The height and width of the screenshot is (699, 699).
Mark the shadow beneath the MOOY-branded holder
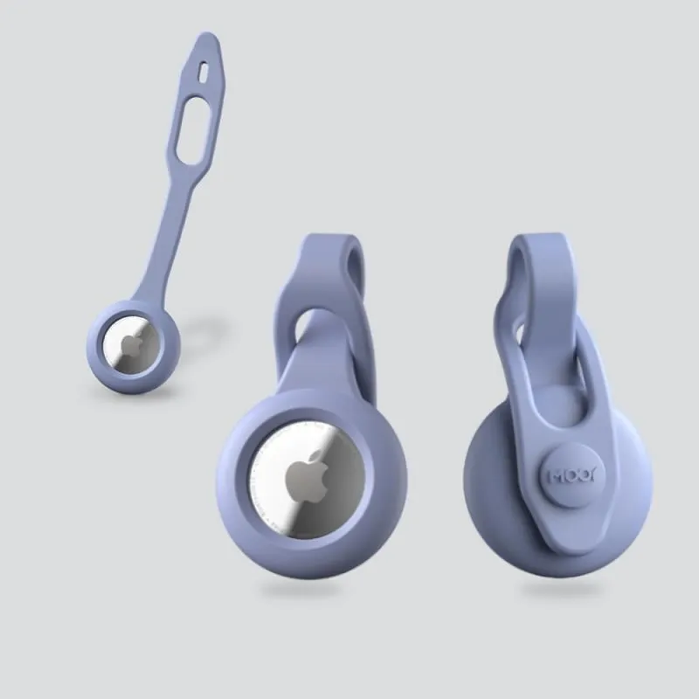click(559, 590)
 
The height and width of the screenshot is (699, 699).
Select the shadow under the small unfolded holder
click(131, 398)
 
